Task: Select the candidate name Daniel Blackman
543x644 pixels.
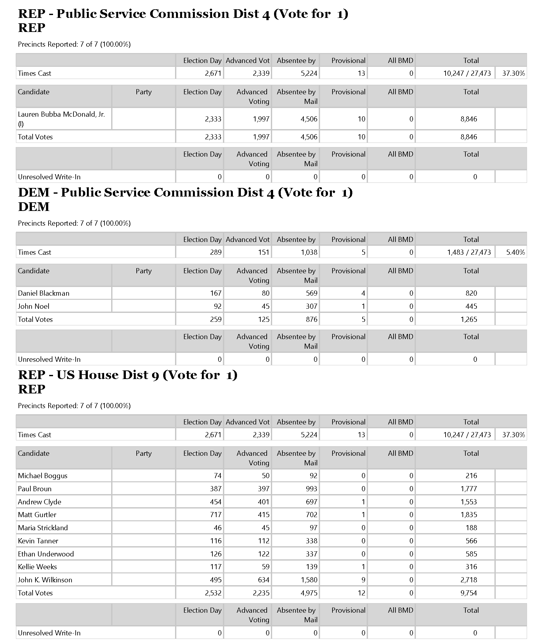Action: pos(43,293)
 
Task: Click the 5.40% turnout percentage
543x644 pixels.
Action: pos(515,252)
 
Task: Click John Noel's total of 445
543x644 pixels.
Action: pos(471,306)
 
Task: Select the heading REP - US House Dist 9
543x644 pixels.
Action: pos(128,375)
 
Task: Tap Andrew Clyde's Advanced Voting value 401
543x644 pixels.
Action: pos(263,502)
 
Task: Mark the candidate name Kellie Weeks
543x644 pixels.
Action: pos(37,567)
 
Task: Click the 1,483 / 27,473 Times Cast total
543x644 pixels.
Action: pos(469,252)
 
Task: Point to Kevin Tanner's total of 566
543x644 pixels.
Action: pos(471,541)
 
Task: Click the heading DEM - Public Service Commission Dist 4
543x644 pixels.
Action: pos(185,192)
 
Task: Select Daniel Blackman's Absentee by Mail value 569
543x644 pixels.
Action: pos(311,293)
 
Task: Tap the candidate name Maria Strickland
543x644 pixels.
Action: pos(43,528)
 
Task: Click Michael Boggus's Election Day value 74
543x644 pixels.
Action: pos(218,476)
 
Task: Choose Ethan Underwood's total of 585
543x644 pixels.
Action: pos(471,554)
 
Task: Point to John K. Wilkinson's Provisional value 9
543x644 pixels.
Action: pos(363,580)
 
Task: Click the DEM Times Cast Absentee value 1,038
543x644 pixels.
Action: pos(309,252)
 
